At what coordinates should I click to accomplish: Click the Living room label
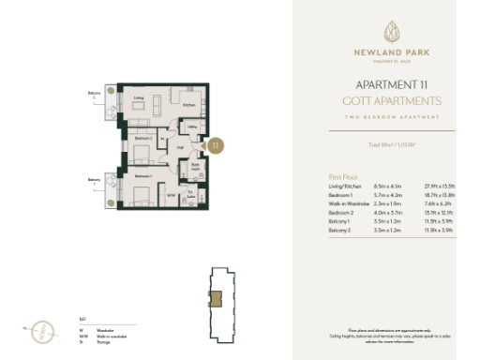pos(137,97)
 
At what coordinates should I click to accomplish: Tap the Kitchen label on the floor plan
pos(187,105)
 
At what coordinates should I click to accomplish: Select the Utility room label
pos(190,127)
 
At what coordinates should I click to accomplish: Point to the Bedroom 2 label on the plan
pos(142,138)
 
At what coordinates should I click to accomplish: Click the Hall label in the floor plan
pos(180,146)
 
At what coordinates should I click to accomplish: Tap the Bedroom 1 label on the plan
pos(142,175)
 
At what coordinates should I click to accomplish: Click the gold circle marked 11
pos(216,146)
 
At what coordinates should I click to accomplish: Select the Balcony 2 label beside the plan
pos(94,95)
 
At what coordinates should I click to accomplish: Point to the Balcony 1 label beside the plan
pos(94,181)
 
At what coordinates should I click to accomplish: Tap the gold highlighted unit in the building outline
pos(216,299)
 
